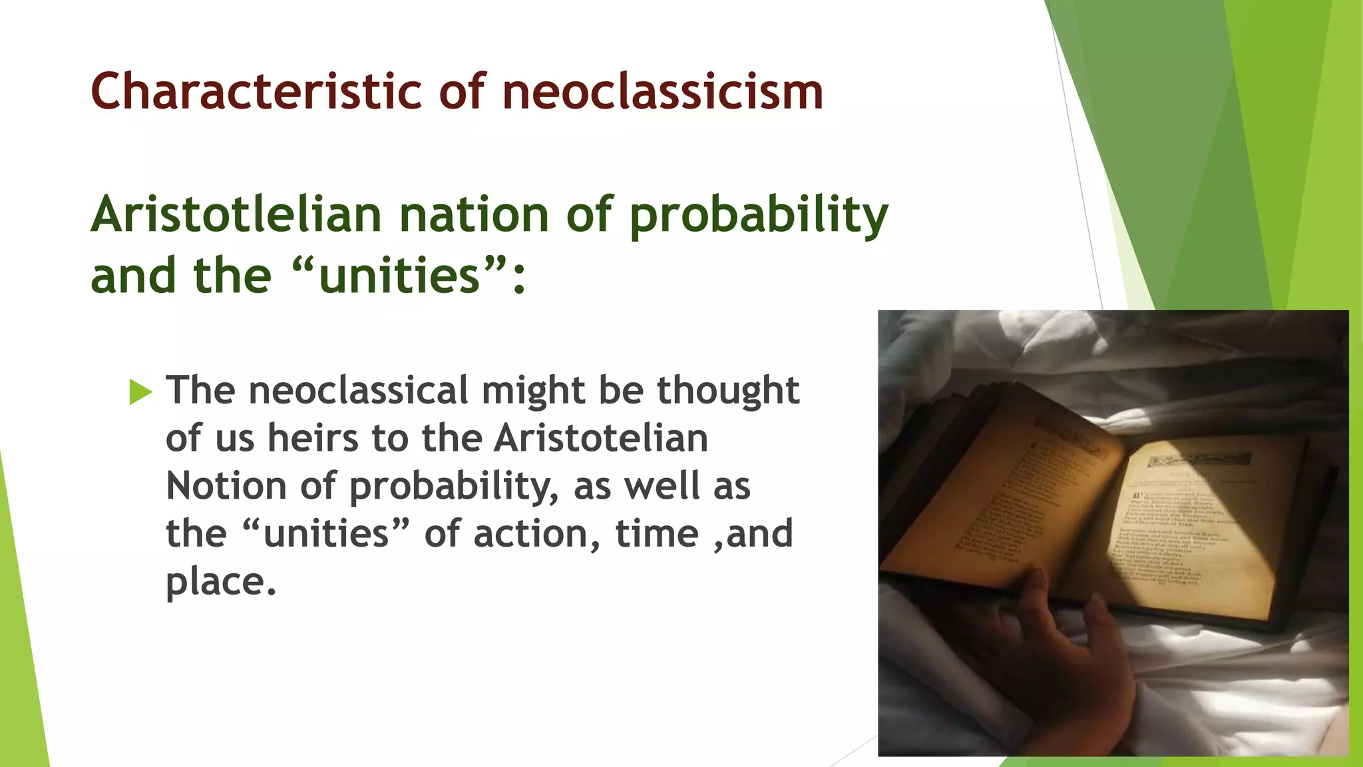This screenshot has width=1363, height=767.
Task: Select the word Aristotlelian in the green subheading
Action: (x=236, y=214)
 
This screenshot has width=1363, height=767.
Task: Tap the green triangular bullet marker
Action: (x=140, y=391)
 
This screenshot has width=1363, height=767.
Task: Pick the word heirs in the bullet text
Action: (x=313, y=438)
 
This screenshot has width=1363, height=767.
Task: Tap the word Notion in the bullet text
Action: (x=226, y=486)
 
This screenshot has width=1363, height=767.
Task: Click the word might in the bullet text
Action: (x=533, y=391)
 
